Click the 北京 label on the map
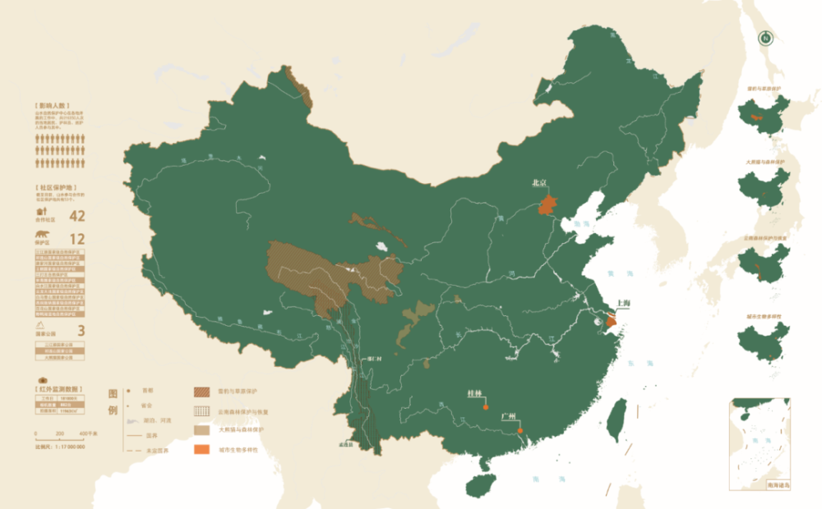tap(540, 183)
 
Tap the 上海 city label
tap(620, 305)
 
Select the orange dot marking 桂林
tap(486, 406)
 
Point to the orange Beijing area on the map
tap(547, 204)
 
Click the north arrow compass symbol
tap(766, 37)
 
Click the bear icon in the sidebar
tap(41, 241)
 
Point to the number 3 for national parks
tap(81, 330)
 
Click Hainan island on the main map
tap(483, 483)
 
